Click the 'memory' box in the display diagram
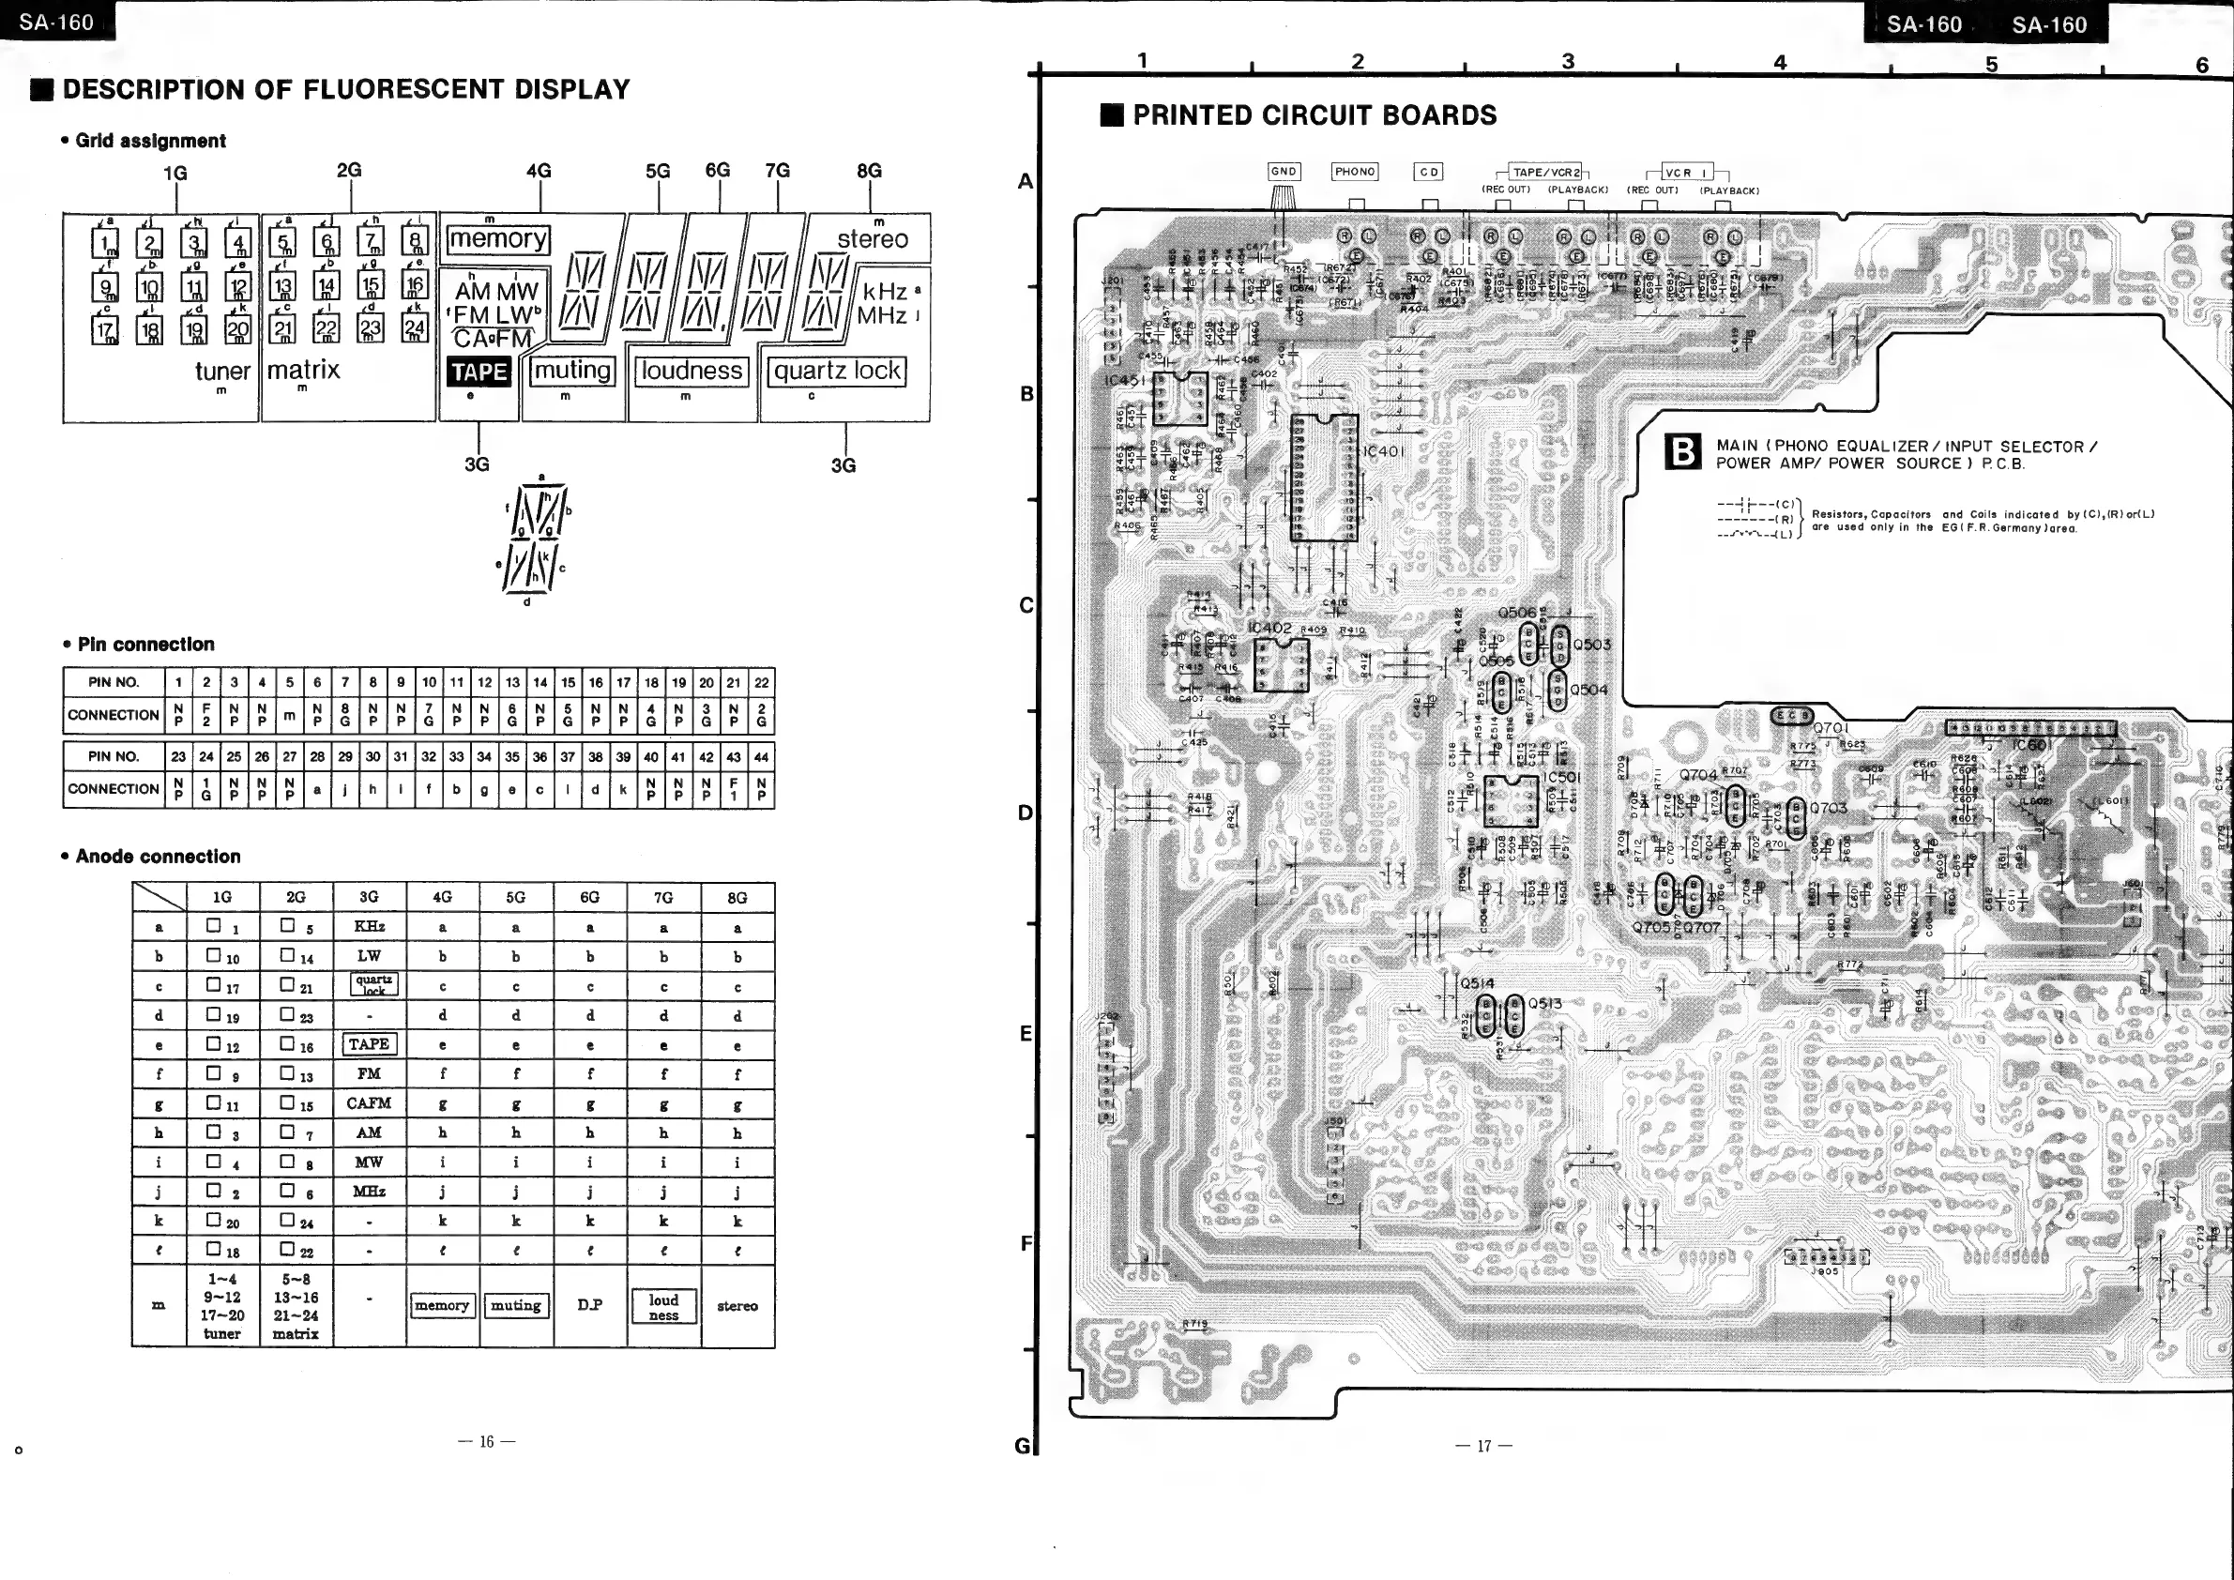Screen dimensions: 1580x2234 [498, 239]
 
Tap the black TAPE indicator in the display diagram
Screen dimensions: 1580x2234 [479, 372]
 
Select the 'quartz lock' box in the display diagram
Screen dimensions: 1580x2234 [837, 371]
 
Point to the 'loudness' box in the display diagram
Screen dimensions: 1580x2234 [691, 371]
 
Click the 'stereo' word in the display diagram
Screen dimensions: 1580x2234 [872, 239]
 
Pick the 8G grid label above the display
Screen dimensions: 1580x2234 [869, 170]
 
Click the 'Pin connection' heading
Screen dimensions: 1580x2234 [145, 644]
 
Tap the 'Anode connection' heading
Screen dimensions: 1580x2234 [158, 857]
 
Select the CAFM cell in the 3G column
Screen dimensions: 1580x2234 [369, 1102]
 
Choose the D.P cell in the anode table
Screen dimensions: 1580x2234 [589, 1305]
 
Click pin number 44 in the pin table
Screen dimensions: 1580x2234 [761, 756]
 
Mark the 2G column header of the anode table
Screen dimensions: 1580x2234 [296, 897]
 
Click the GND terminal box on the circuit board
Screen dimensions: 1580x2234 [1284, 172]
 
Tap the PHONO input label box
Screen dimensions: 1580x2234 [1355, 172]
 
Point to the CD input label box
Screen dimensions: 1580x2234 [1428, 172]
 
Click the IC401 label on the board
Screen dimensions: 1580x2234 [1382, 451]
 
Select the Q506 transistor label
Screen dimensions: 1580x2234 [1517, 612]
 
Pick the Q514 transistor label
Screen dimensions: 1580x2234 [1477, 982]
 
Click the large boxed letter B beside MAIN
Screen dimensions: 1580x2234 [1682, 452]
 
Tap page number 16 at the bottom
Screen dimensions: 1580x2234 [487, 1442]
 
